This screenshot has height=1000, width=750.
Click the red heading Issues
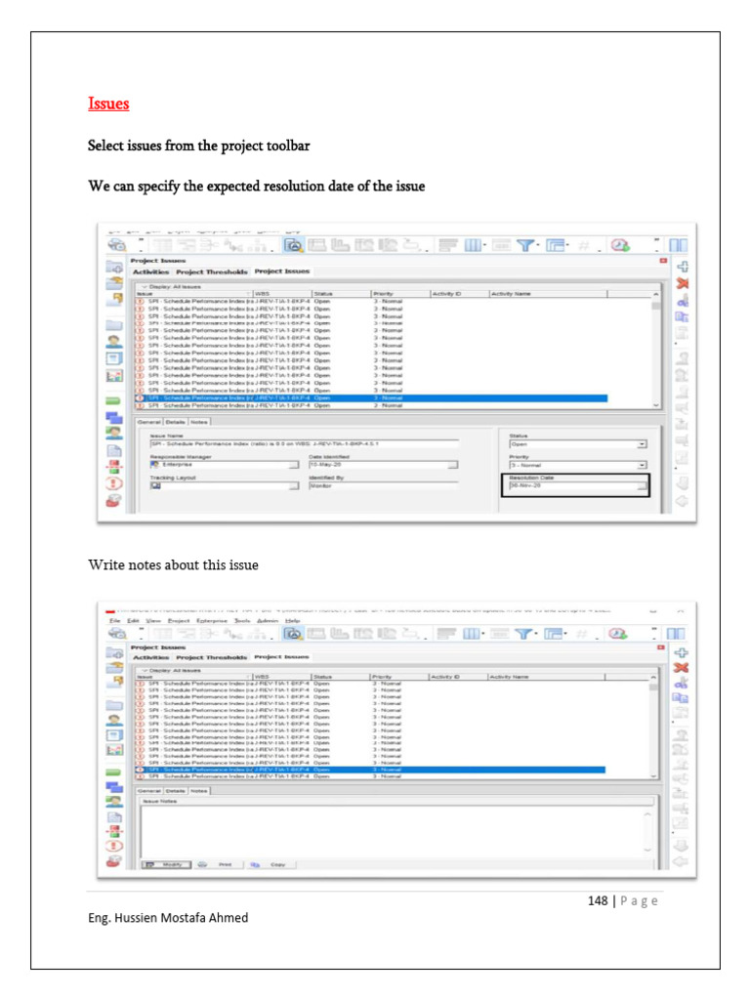click(108, 104)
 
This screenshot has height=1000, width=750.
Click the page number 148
click(599, 900)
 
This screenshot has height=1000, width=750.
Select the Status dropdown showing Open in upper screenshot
click(576, 443)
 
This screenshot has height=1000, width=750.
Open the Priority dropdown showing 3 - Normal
click(576, 465)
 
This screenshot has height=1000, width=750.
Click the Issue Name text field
click(312, 443)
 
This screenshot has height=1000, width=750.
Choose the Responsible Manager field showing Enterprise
click(220, 465)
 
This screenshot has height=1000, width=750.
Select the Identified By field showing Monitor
click(381, 484)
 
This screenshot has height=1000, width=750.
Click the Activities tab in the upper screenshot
click(151, 271)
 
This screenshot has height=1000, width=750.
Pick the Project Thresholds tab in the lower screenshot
click(212, 657)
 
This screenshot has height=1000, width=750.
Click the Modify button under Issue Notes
click(167, 864)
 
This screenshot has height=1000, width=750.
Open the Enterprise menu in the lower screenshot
click(212, 620)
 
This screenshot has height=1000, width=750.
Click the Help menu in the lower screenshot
click(293, 620)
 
